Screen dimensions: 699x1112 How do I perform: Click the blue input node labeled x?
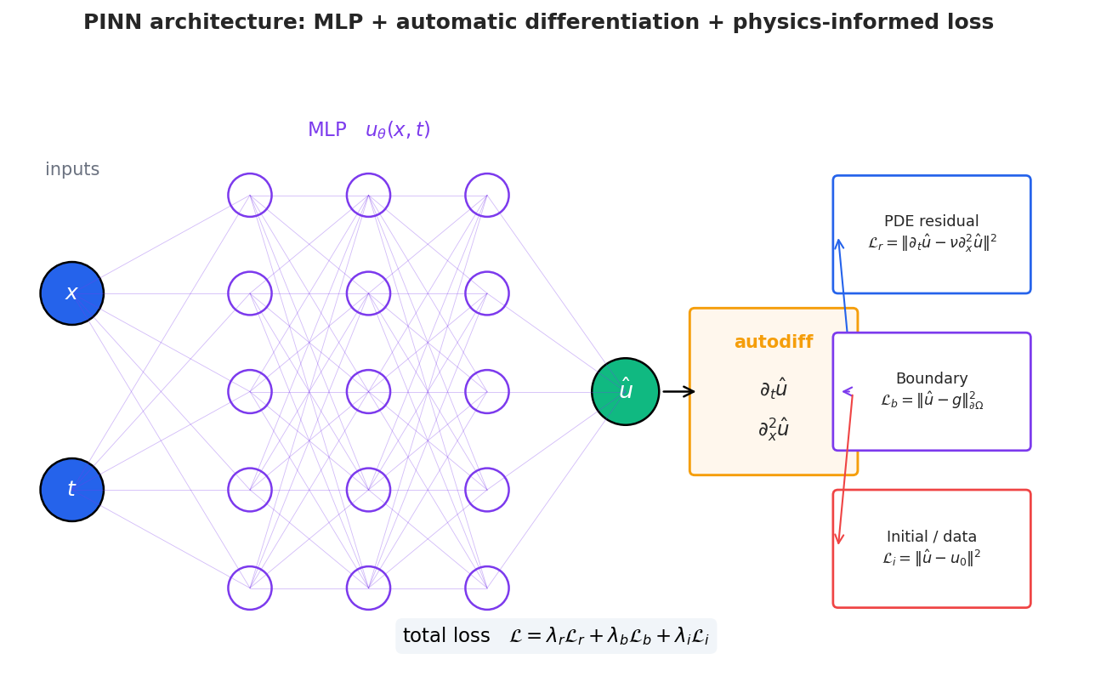click(72, 293)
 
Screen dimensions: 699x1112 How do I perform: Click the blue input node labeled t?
click(72, 490)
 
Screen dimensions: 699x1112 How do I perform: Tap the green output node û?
click(625, 391)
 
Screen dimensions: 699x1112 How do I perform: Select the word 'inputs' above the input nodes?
click(72, 170)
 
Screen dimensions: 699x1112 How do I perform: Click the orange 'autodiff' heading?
click(773, 343)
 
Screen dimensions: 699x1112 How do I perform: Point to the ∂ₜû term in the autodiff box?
click(773, 389)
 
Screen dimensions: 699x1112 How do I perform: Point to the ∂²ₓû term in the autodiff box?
click(773, 429)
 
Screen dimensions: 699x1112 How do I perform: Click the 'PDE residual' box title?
click(931, 222)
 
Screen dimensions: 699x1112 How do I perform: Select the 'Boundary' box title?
click(931, 379)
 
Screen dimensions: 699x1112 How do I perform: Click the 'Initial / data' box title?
click(931, 537)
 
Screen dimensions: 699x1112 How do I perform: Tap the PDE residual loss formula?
click(931, 244)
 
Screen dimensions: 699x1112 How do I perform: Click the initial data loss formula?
click(931, 559)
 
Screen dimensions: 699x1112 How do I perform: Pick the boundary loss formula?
click(931, 401)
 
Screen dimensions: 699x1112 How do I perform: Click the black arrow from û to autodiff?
click(678, 391)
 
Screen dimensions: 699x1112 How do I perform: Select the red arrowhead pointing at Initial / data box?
click(839, 538)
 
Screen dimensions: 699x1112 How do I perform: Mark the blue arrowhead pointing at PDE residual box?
click(839, 245)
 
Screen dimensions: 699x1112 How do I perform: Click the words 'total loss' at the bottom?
click(445, 636)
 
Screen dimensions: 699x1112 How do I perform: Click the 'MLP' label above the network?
click(326, 130)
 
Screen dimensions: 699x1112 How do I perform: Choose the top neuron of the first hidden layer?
click(250, 196)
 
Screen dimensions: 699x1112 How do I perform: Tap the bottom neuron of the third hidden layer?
click(487, 588)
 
